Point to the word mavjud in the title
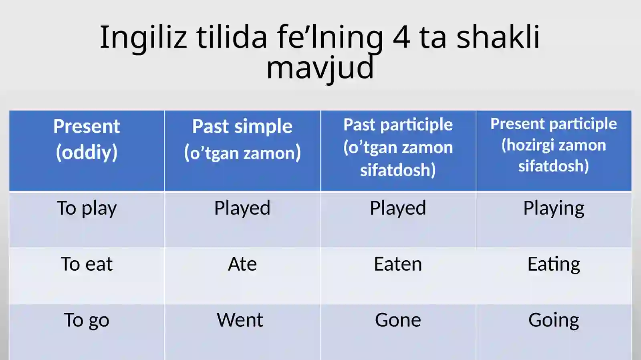320,68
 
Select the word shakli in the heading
498,36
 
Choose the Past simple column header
242,139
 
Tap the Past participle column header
398,147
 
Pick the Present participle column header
554,145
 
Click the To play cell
87,208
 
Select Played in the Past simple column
242,208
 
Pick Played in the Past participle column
398,208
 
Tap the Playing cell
554,209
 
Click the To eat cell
87,263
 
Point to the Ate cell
242,263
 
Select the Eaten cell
398,264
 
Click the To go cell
87,320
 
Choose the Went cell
240,320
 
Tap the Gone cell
398,320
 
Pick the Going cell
554,320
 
